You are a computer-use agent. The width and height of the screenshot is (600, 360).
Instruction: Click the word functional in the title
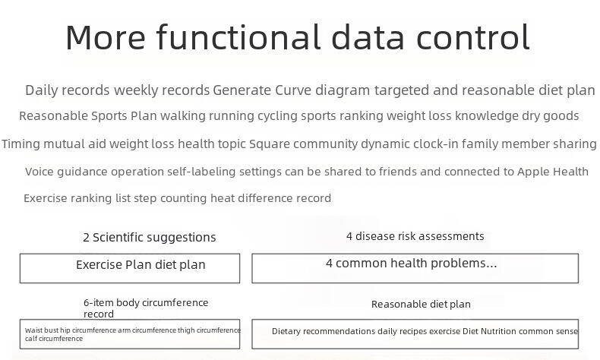[x=238, y=36]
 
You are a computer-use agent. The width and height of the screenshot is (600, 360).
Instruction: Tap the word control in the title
[x=473, y=36]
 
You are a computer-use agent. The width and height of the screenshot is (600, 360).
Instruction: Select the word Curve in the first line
[x=293, y=90]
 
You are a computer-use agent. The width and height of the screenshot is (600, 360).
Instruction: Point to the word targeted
[x=402, y=90]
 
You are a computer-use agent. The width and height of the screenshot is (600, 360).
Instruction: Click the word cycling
[x=277, y=116]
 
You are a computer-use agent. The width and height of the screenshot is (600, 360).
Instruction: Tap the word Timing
[x=21, y=144]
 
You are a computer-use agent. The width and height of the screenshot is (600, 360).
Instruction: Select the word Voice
[x=39, y=172]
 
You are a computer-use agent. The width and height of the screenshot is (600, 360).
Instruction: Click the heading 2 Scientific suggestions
[x=149, y=237]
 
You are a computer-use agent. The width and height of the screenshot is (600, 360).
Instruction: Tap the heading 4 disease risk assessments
[x=415, y=236]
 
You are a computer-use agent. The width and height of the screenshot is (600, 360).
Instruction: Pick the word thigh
[x=186, y=330]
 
